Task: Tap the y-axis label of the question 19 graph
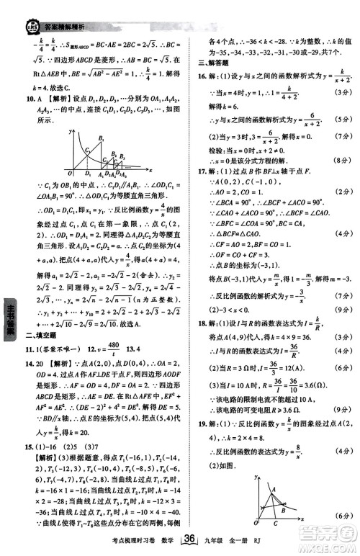click(257, 476)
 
